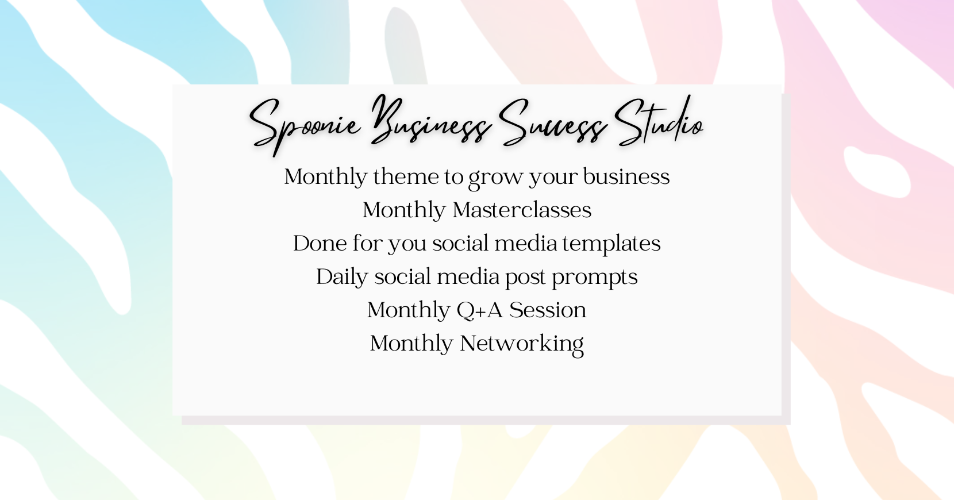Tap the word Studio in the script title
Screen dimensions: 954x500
(659, 122)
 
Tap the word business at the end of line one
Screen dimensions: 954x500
(626, 176)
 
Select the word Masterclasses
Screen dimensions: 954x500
(522, 210)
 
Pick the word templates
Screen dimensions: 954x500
(611, 244)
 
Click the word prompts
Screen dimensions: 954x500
(595, 278)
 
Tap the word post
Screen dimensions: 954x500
(525, 278)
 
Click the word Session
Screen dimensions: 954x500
(548, 310)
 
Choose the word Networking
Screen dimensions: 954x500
(522, 344)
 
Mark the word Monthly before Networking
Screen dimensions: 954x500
(411, 344)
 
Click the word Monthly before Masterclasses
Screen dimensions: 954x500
(404, 211)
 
